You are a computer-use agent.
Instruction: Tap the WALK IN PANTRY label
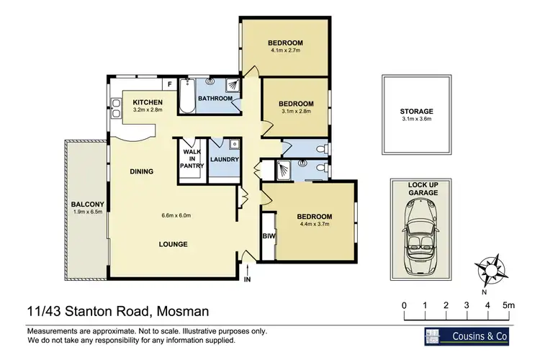(192, 159)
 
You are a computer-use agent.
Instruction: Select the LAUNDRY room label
(224, 160)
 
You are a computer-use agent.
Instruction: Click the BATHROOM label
(215, 98)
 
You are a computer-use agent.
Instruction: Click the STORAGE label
(416, 111)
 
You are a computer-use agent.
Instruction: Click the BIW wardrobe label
(269, 235)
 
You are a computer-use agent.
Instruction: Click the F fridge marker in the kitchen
(169, 85)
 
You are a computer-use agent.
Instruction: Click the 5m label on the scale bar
(508, 305)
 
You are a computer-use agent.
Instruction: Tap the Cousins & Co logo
(469, 336)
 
